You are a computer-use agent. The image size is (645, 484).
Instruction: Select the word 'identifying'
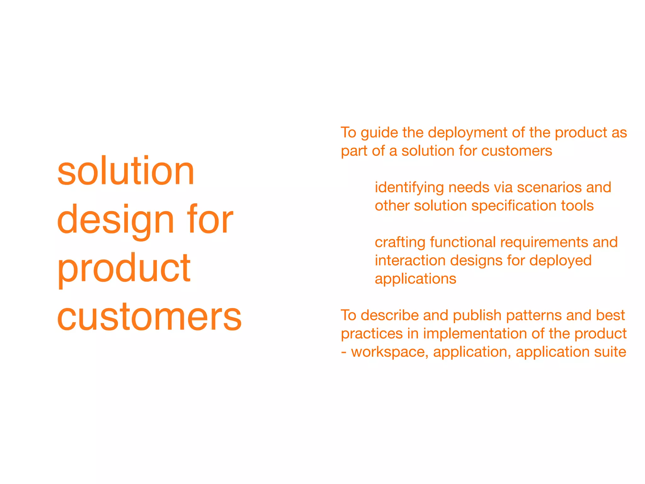pyautogui.click(x=409, y=188)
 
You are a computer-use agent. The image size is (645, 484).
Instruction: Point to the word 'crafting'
pyautogui.click(x=400, y=242)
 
